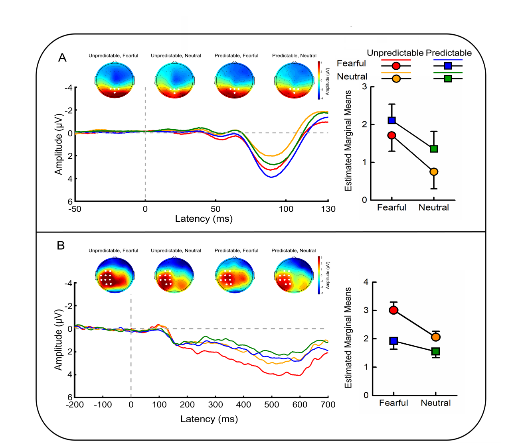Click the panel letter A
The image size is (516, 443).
62,58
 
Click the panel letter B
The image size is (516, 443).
61,245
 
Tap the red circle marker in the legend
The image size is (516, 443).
396,66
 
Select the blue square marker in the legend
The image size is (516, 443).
448,66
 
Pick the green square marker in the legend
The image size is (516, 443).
448,79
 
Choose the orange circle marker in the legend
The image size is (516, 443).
396,79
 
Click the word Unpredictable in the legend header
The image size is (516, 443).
395,53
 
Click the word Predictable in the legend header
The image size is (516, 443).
449,53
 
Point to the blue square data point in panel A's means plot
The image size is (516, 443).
392,120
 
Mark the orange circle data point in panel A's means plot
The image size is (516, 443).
434,172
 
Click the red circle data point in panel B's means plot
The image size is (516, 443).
393,310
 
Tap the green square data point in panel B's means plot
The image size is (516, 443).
436,351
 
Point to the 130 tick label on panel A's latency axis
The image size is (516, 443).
328,209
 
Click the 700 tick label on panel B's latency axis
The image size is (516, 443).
328,405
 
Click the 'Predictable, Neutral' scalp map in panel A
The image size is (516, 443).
294,80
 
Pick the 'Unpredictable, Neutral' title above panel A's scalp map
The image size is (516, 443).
176,55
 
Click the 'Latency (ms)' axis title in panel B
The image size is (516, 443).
209,419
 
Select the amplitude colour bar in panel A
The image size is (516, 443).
320,80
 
